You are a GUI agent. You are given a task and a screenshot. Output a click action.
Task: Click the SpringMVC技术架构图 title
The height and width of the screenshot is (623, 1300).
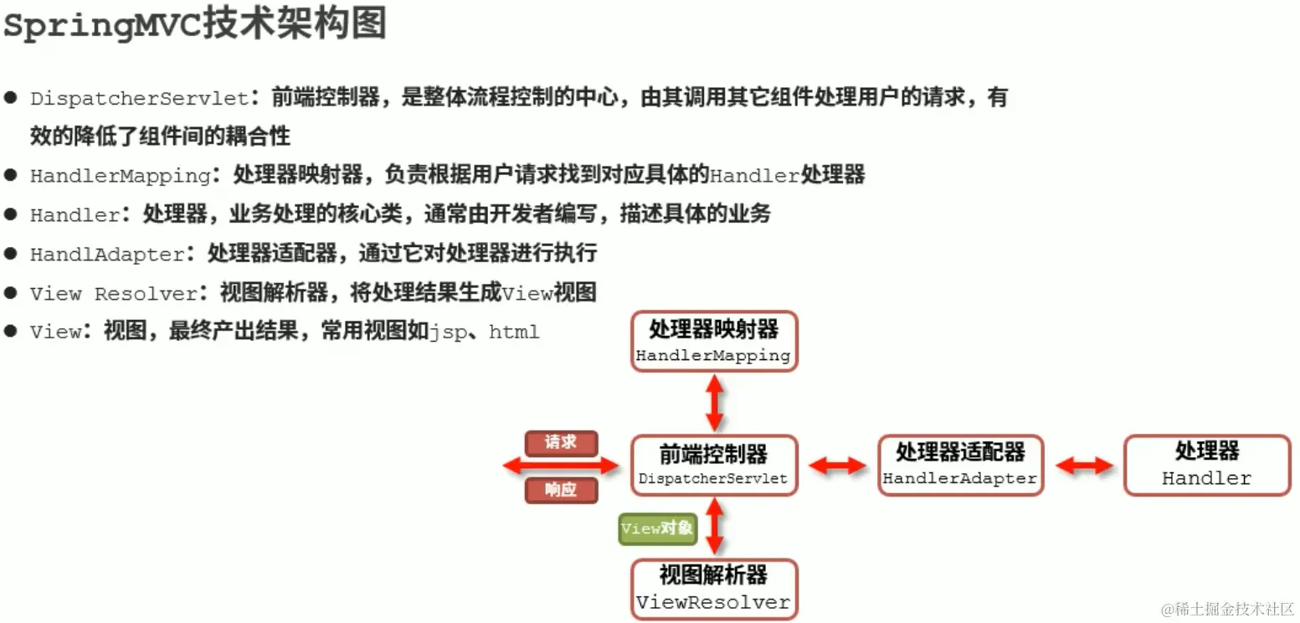click(x=194, y=25)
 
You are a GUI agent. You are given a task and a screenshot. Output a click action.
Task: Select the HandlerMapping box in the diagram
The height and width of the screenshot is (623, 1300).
click(x=713, y=342)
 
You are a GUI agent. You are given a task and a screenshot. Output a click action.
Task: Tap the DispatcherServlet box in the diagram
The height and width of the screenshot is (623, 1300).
click(x=713, y=466)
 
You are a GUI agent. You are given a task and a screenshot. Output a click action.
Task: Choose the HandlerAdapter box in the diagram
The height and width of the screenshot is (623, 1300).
click(x=959, y=466)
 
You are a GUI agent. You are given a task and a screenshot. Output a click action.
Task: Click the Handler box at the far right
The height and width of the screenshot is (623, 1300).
click(x=1206, y=466)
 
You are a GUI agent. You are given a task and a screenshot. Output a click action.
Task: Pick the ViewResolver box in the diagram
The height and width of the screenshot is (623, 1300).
click(x=713, y=590)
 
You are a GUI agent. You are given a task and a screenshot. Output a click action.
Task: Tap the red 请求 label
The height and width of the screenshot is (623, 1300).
click(x=561, y=443)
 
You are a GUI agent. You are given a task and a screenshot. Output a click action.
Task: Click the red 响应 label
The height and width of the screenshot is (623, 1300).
click(x=561, y=490)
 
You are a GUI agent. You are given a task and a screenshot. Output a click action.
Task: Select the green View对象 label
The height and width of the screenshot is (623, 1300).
click(x=657, y=528)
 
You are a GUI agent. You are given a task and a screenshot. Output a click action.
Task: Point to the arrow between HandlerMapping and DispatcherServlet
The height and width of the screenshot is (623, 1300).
click(x=714, y=403)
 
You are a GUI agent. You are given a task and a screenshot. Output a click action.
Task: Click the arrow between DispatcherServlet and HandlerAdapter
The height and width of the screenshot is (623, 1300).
click(x=837, y=466)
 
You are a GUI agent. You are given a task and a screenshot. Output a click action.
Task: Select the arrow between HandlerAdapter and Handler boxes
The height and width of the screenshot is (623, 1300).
click(x=1083, y=466)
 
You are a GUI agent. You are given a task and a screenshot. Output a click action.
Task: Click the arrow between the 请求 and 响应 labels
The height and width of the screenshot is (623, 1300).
click(x=560, y=466)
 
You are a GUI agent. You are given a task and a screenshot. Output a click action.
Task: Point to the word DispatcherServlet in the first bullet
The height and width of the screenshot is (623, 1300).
click(x=140, y=99)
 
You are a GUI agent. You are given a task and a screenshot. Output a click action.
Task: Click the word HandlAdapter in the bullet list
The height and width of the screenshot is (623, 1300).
click(x=107, y=255)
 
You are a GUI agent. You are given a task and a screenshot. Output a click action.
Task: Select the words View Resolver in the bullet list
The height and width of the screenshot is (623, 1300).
click(x=113, y=294)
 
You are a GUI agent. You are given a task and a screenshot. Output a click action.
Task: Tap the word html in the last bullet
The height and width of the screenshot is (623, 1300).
click(x=514, y=332)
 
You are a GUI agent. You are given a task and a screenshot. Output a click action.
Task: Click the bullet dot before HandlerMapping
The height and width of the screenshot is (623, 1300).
click(x=11, y=175)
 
